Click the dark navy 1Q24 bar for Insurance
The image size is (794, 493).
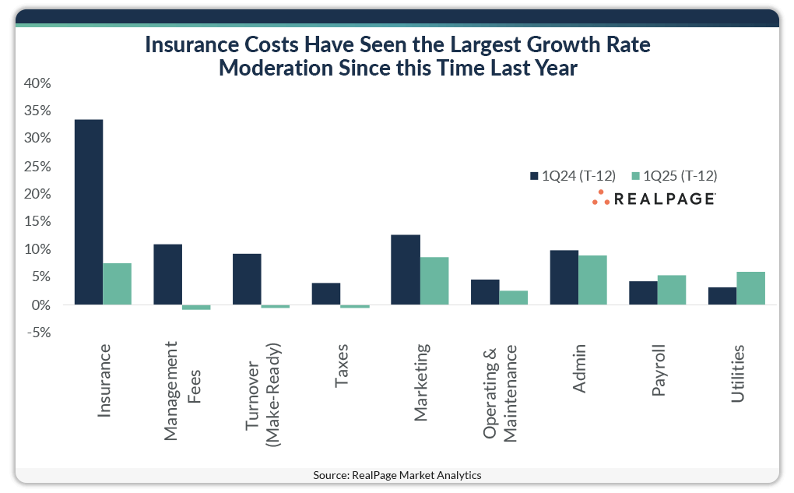pos(89,212)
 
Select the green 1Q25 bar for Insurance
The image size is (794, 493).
pos(118,284)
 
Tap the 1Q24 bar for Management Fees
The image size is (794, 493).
pos(167,274)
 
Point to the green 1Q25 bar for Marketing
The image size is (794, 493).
pos(434,281)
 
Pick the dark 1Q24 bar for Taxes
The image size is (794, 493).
pos(326,294)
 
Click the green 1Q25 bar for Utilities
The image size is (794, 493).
pos(751,288)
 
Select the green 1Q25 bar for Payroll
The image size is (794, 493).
pos(672,290)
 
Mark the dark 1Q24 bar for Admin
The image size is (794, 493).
pos(564,277)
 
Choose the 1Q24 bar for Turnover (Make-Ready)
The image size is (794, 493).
pos(247,279)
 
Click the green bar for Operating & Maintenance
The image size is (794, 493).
pos(514,298)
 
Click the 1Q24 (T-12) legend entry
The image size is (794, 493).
pos(572,175)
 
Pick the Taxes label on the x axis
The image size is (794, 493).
pos(342,365)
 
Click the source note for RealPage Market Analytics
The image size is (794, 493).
pos(397,475)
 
